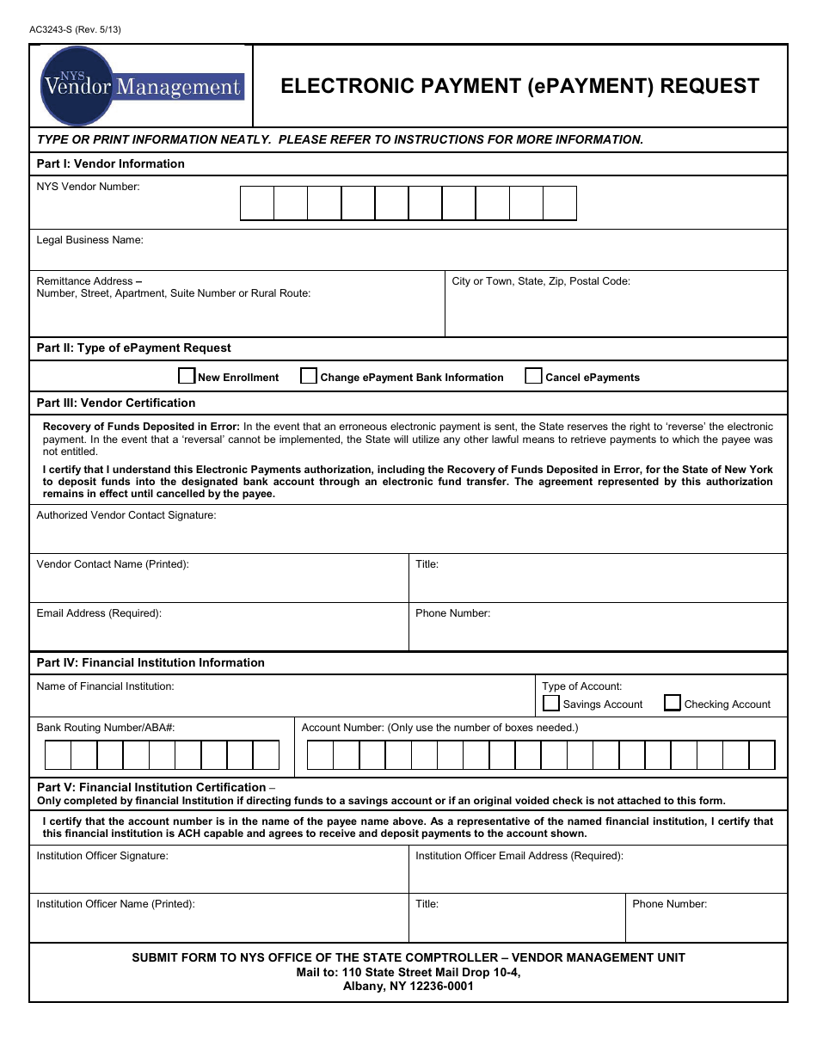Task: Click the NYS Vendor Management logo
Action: click(x=142, y=86)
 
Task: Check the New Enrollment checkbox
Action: click(x=187, y=376)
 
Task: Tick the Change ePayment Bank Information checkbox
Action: click(x=309, y=376)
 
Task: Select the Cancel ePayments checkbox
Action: click(x=533, y=376)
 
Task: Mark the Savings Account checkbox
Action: click(x=551, y=704)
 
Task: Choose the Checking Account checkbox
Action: click(x=673, y=704)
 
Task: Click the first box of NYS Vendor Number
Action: click(x=257, y=203)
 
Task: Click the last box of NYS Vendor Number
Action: click(x=560, y=203)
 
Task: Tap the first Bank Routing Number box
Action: click(x=58, y=755)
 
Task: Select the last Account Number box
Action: click(x=762, y=755)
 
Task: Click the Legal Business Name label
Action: click(x=89, y=240)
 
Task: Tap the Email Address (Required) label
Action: click(x=99, y=613)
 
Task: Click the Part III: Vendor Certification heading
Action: click(x=116, y=403)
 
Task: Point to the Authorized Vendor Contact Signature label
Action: click(x=126, y=515)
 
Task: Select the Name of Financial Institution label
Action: click(x=105, y=686)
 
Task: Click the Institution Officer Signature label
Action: click(x=102, y=856)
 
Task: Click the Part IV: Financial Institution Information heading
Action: click(x=150, y=662)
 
